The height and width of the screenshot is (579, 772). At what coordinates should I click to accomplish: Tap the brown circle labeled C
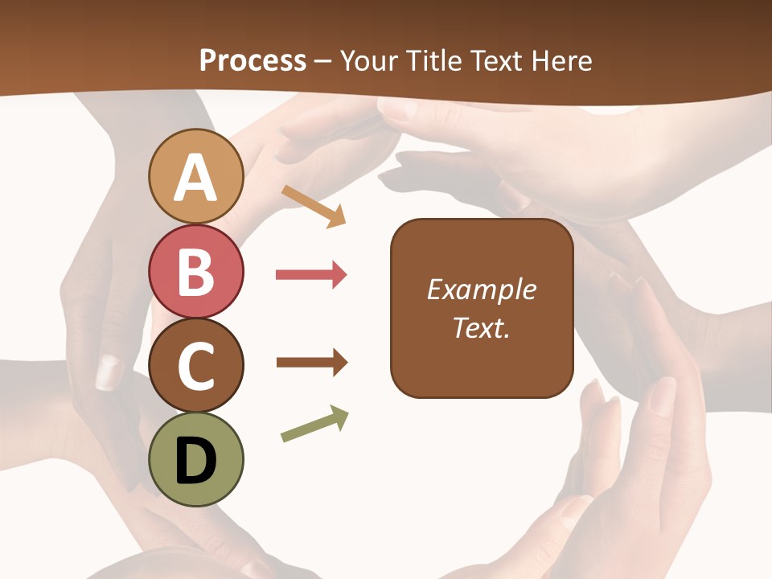pyautogui.click(x=195, y=366)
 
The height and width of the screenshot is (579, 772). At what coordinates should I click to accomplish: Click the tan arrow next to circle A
pyautogui.click(x=314, y=206)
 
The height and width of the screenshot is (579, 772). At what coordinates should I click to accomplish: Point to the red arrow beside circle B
pyautogui.click(x=311, y=275)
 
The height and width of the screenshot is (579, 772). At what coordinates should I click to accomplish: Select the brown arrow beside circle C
pyautogui.click(x=312, y=363)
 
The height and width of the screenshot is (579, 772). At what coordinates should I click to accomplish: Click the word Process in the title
pyautogui.click(x=253, y=60)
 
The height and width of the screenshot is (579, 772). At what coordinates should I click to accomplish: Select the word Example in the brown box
pyautogui.click(x=481, y=289)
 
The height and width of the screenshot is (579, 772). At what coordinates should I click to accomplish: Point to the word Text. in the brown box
pyautogui.click(x=481, y=327)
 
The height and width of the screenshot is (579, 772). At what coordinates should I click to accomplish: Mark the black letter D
pyautogui.click(x=195, y=462)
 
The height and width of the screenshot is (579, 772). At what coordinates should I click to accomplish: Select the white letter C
pyautogui.click(x=195, y=366)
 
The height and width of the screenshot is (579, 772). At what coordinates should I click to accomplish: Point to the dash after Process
pyautogui.click(x=322, y=62)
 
